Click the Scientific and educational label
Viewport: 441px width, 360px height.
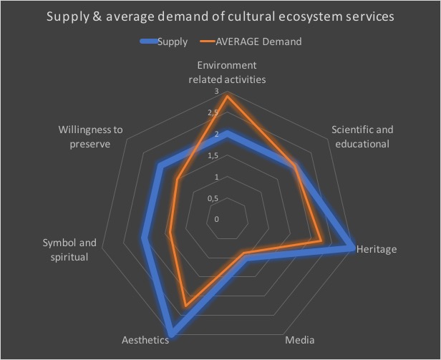(362, 136)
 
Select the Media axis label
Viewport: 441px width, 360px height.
(299, 339)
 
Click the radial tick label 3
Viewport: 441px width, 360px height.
(217, 92)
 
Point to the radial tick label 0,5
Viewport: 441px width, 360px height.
(212, 198)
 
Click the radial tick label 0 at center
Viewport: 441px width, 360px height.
(216, 218)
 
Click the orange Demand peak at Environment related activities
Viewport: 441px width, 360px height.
(227, 97)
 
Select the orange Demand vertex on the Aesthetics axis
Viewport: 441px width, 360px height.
(186, 306)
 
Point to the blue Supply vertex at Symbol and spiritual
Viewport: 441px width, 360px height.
(145, 238)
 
